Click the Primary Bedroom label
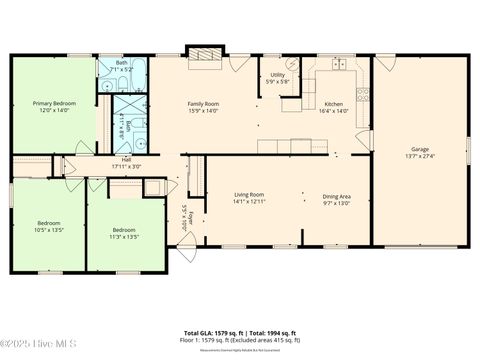pyautogui.click(x=54, y=103)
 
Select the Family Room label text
pyautogui.click(x=204, y=103)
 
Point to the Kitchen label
pyautogui.click(x=333, y=103)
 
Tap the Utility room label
pyautogui.click(x=279, y=74)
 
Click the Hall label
pyautogui.click(x=126, y=159)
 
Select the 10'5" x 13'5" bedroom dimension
pyautogui.click(x=50, y=229)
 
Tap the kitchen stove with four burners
pyautogui.click(x=362, y=97)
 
